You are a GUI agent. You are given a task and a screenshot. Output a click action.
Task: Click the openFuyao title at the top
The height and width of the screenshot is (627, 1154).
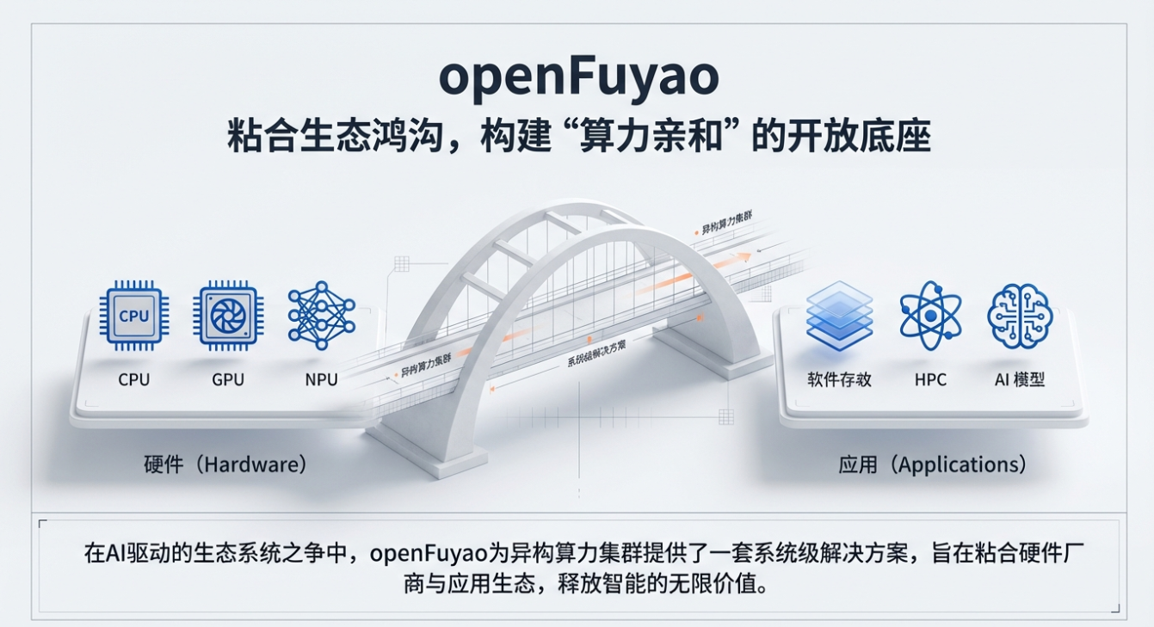577,77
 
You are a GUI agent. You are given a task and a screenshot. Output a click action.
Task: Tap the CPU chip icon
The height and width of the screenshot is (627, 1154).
133,316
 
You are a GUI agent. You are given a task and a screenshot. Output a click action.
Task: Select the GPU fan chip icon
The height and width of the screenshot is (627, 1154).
228,316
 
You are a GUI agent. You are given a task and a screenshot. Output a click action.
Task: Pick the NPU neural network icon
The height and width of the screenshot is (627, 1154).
322,315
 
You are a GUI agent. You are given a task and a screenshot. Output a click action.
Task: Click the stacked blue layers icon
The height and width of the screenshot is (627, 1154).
839,316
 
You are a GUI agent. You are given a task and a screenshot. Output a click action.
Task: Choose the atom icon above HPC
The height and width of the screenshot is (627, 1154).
929,316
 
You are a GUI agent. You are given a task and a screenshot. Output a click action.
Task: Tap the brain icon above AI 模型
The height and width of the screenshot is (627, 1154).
1021,316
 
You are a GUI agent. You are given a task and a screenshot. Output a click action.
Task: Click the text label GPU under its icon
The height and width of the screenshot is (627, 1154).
228,379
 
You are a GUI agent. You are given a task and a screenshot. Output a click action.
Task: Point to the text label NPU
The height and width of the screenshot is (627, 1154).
321,379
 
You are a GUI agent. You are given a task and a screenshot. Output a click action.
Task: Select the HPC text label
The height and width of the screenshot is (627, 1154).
930,379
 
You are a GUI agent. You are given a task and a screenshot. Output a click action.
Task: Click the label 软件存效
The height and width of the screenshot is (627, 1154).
839,379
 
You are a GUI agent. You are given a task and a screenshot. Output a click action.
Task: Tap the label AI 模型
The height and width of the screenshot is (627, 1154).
1020,379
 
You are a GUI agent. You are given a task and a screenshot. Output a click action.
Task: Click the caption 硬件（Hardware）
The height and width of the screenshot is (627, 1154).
225,465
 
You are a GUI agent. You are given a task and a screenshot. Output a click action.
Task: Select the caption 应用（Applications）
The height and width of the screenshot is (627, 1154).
932,465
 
